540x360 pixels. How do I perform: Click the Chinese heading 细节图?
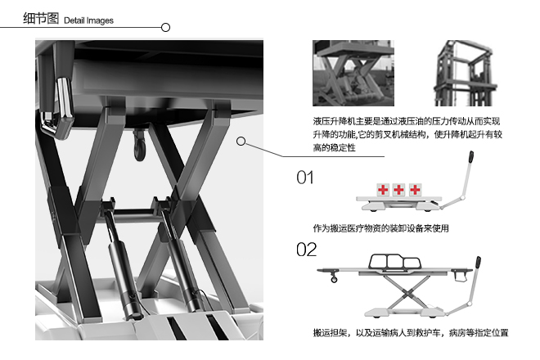tap(41, 18)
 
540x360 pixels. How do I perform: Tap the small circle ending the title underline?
tap(165, 27)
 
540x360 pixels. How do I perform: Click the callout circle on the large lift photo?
tap(241, 142)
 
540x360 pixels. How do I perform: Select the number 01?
tap(305, 178)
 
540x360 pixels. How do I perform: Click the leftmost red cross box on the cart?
tap(383, 190)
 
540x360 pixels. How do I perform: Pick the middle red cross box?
tap(399, 190)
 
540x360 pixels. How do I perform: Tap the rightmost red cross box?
tap(416, 190)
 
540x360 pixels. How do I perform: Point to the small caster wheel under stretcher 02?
tap(333, 281)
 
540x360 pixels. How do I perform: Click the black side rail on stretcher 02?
tap(394, 263)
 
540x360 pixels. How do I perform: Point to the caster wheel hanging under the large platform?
tap(137, 148)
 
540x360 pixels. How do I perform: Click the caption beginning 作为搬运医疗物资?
tap(380, 227)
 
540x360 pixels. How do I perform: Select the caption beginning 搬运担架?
tap(411, 333)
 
